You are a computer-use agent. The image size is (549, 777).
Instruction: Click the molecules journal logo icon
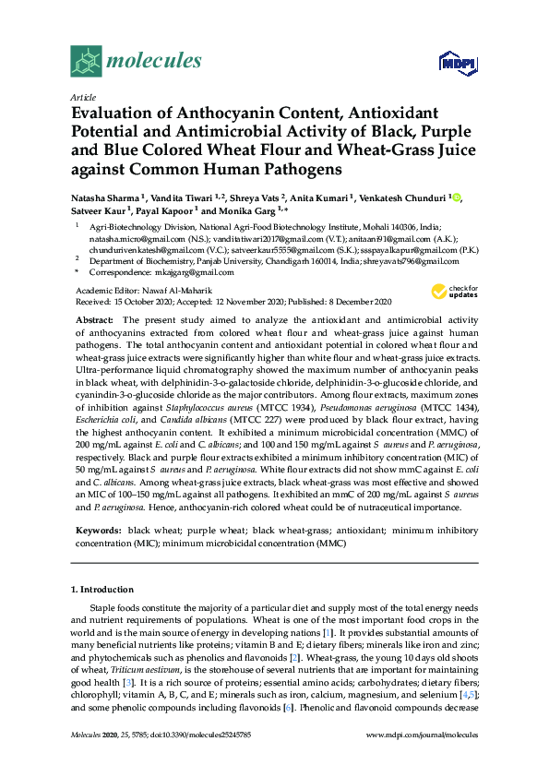[x=85, y=61]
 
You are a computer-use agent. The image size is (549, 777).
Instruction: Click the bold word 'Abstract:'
[x=96, y=319]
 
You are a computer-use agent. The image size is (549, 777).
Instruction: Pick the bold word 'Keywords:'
[x=98, y=531]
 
